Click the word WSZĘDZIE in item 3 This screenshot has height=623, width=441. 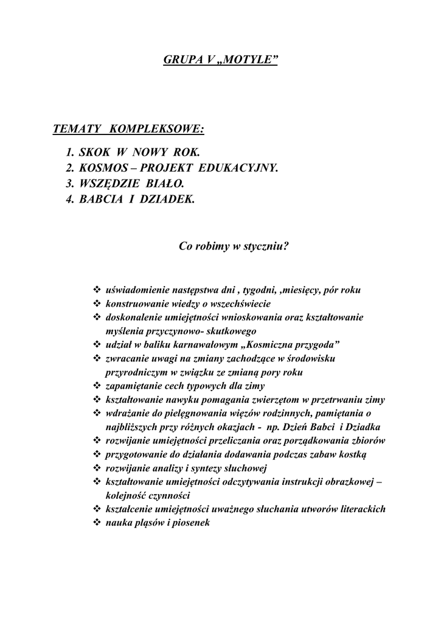point(111,183)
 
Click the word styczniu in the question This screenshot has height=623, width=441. point(265,246)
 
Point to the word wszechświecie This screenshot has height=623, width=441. point(239,304)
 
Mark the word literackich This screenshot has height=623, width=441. point(360,509)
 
